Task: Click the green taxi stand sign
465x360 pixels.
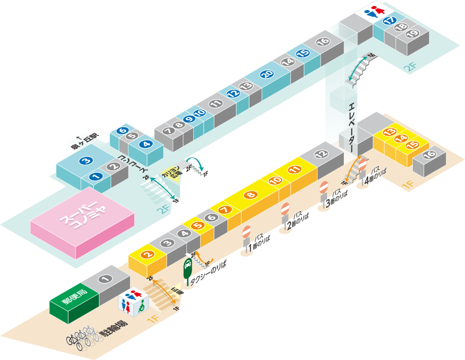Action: point(187,269)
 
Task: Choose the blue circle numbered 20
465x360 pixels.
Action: point(266,74)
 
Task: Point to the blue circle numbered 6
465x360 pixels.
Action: point(122,131)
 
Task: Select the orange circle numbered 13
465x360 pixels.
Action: point(390,132)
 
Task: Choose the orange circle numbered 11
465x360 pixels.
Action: point(295,169)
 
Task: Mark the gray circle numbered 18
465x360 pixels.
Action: point(401,27)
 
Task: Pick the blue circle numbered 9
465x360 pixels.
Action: point(190,119)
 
